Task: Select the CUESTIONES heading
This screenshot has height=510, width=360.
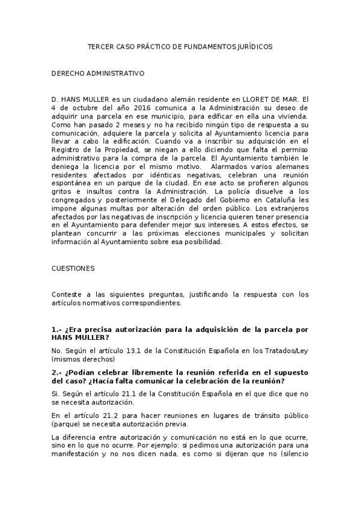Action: click(73, 268)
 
